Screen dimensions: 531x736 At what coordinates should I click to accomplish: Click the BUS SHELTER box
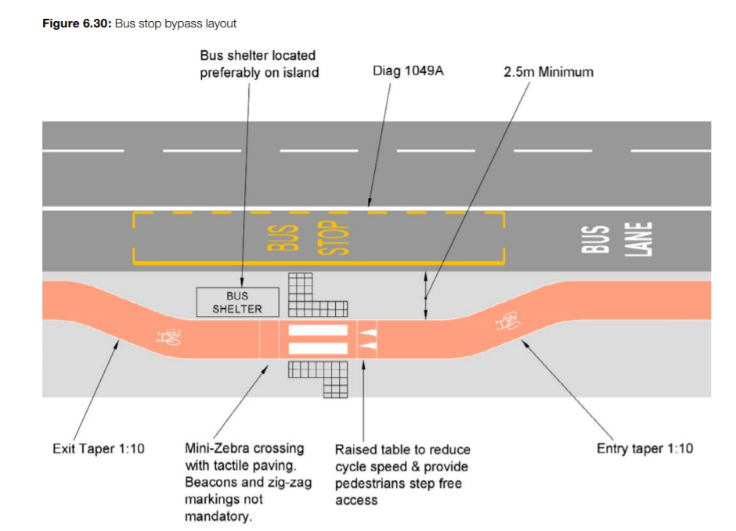tap(237, 302)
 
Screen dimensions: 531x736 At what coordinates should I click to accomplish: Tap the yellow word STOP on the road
tap(332, 238)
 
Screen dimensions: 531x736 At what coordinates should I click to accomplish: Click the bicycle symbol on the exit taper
tap(169, 338)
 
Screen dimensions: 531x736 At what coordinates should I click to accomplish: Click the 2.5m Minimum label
tap(548, 72)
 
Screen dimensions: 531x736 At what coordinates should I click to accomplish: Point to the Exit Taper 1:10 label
tap(98, 449)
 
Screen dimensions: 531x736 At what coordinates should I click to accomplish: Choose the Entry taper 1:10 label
tap(644, 449)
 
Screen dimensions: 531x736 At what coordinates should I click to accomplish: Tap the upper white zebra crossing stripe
tap(317, 331)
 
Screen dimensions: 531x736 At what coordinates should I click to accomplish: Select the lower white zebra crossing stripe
tap(317, 348)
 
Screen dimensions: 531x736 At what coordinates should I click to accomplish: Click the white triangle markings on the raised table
tap(367, 339)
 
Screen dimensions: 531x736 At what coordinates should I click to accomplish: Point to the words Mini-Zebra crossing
tap(244, 449)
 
